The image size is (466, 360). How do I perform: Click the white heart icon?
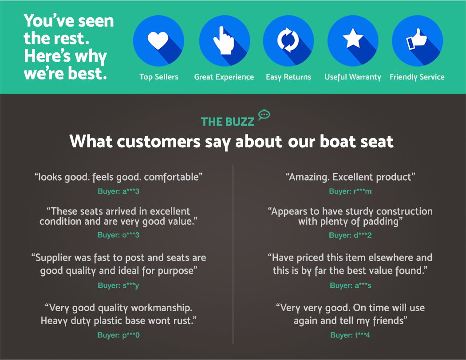click(x=158, y=40)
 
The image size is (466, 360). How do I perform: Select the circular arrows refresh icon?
click(x=288, y=40)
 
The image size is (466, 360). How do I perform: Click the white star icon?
click(x=353, y=38)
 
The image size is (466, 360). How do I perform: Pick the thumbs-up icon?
click(x=416, y=39)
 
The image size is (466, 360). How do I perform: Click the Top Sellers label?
click(x=159, y=77)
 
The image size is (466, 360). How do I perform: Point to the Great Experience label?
click(x=224, y=77)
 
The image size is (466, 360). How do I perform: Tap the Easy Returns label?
click(x=288, y=77)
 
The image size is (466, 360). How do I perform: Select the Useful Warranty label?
click(x=353, y=77)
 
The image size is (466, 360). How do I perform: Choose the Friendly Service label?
click(x=417, y=77)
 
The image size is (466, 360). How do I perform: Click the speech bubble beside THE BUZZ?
click(x=264, y=115)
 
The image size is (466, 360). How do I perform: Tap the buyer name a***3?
click(x=131, y=191)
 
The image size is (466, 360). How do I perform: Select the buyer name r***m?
click(x=363, y=191)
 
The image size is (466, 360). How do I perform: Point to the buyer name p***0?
click(x=131, y=335)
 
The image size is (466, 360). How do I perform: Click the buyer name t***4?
click(x=363, y=335)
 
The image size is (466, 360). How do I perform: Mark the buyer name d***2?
click(x=363, y=235)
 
